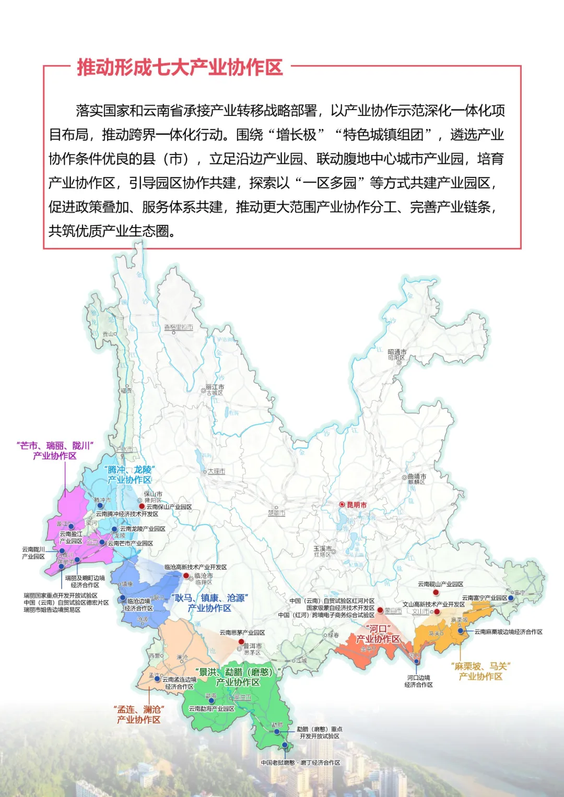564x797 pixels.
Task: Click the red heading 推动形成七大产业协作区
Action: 180,68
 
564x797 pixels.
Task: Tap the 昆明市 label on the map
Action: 357,505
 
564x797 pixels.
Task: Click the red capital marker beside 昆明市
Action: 342,505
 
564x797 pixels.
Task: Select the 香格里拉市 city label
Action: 179,327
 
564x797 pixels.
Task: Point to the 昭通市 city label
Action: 397,352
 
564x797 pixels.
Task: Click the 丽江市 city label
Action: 215,387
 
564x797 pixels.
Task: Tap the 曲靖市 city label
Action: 417,477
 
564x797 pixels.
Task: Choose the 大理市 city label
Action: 216,471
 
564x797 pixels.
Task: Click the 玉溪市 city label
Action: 322,549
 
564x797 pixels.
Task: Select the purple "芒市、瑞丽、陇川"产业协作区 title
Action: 55,451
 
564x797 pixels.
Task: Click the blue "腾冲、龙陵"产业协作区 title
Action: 130,475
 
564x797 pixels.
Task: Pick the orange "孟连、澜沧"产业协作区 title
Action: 139,715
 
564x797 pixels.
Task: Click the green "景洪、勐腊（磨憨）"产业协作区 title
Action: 238,677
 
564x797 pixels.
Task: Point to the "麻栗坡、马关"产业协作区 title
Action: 480,671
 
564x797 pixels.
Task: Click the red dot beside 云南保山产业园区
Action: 142,506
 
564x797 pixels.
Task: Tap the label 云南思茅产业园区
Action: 242,633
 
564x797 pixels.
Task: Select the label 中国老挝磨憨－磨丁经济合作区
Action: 300,763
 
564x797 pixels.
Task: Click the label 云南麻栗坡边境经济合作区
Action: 508,632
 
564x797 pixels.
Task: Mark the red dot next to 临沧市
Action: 186,575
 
